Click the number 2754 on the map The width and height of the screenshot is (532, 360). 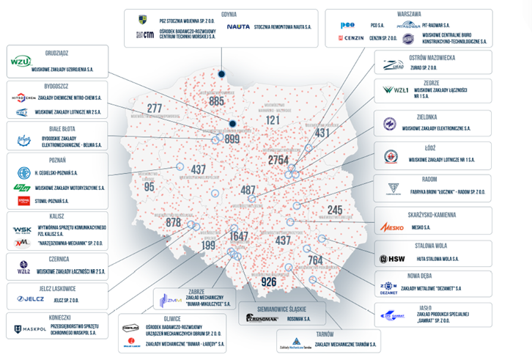coord(278,160)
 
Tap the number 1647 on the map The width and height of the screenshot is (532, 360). coord(240,236)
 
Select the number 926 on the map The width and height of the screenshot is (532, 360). coord(269,282)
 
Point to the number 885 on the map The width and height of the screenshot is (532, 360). coord(216,101)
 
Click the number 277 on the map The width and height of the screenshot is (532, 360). coord(154,109)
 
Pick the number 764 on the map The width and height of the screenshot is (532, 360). coord(315,260)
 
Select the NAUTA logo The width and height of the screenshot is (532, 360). coord(238,26)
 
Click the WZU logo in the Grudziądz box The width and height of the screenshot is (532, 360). coord(21,61)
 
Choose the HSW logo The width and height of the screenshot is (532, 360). coord(388,259)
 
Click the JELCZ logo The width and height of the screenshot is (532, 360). coord(31,298)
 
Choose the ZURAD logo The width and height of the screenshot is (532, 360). coord(393,65)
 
